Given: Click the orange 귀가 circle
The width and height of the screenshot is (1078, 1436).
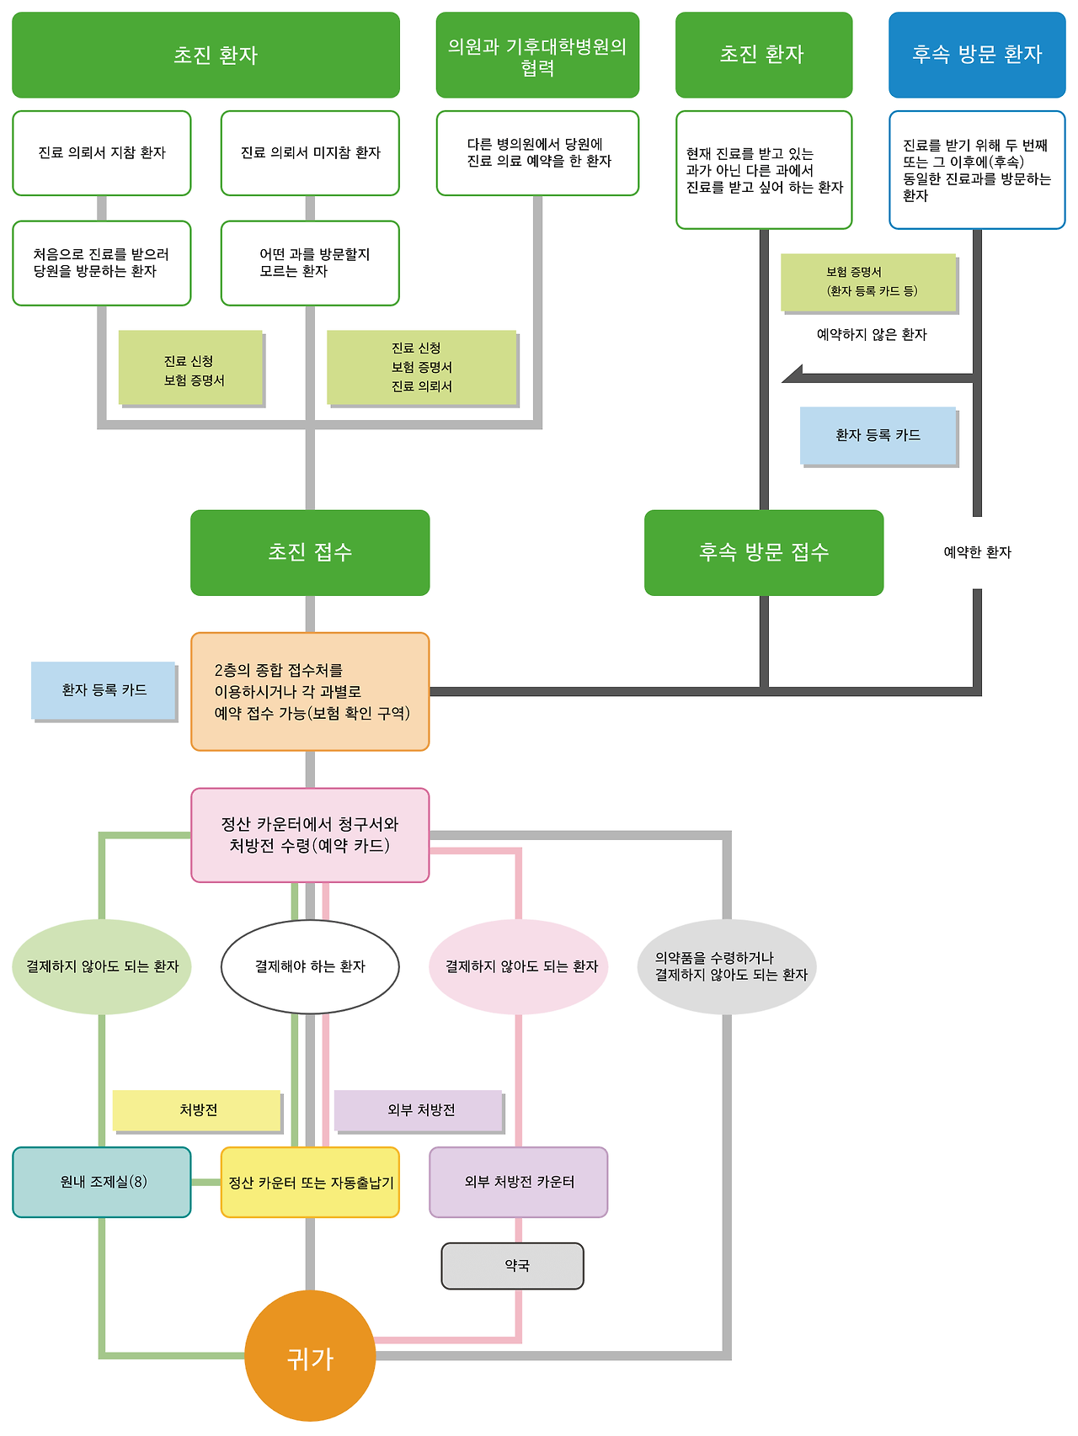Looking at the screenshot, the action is click(x=310, y=1356).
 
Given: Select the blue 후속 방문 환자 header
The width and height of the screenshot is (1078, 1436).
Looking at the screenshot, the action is click(x=977, y=55).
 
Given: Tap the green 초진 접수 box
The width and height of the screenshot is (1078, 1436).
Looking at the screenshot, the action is click(x=310, y=552).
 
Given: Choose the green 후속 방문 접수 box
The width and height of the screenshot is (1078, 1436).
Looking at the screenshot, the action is click(x=764, y=552).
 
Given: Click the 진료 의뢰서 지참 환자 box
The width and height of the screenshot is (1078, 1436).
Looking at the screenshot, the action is click(x=102, y=153).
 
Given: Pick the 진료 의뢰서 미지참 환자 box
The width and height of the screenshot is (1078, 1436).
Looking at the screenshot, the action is click(x=310, y=153).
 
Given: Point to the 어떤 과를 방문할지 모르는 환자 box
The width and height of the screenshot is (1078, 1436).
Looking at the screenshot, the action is click(x=310, y=263).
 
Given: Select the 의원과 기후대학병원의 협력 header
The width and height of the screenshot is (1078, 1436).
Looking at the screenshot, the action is click(x=537, y=55).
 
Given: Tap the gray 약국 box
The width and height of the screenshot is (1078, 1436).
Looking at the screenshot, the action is click(x=512, y=1266).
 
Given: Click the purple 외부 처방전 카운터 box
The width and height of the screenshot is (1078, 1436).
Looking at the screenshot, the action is click(x=519, y=1182).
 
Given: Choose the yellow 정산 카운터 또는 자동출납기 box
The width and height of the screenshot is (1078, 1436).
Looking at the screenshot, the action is click(x=310, y=1182).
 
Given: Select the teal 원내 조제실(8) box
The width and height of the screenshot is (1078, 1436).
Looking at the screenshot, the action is click(x=102, y=1182).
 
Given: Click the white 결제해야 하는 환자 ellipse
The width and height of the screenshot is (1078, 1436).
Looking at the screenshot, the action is click(x=310, y=966).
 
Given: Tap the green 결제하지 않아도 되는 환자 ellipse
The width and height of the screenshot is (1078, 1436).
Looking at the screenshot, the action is click(x=102, y=966).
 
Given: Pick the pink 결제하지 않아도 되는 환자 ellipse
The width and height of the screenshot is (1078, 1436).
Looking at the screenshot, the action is click(x=519, y=966).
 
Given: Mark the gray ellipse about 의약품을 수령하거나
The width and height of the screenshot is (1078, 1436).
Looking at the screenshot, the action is click(x=727, y=966).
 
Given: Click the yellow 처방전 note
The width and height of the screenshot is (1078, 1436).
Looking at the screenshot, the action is click(x=197, y=1110).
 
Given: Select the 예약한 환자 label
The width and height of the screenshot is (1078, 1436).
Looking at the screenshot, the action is click(x=977, y=552).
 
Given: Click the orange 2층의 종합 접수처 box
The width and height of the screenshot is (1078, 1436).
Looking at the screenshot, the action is click(x=310, y=691).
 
